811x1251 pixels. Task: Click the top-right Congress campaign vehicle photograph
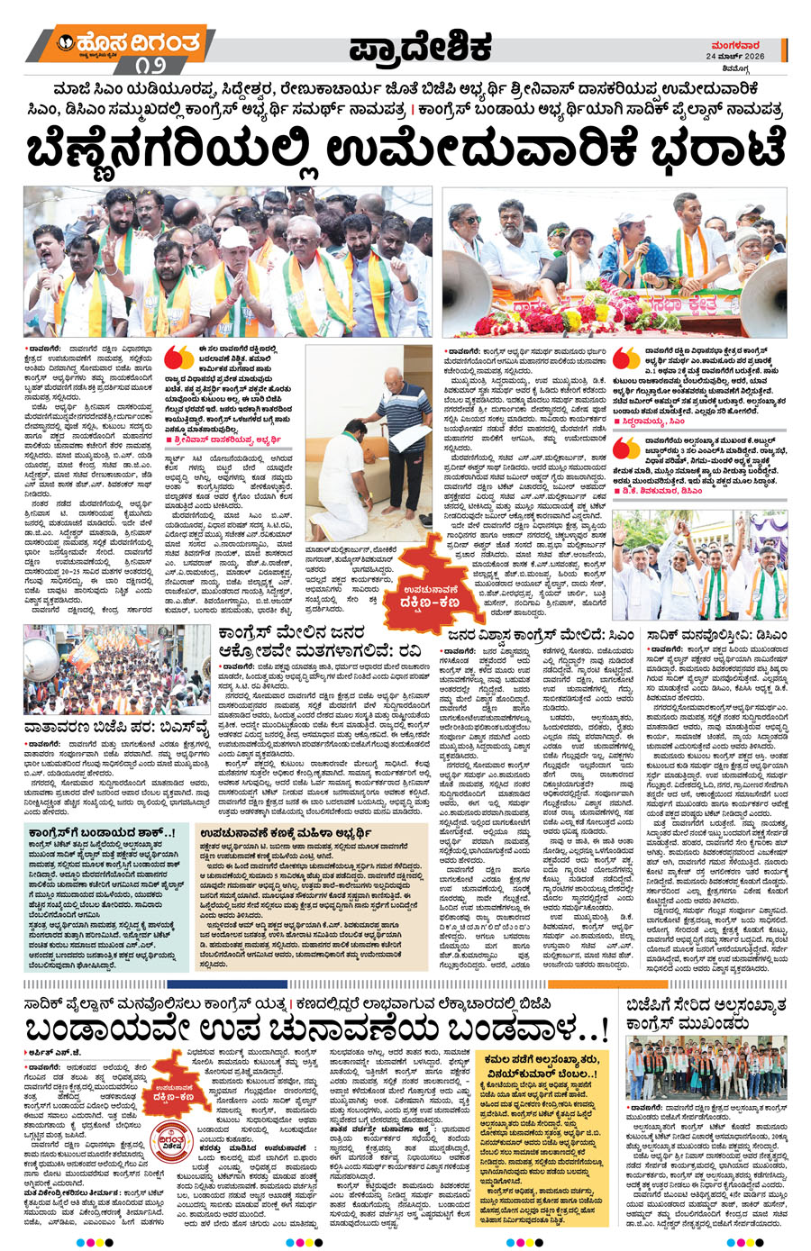tap(615, 262)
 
